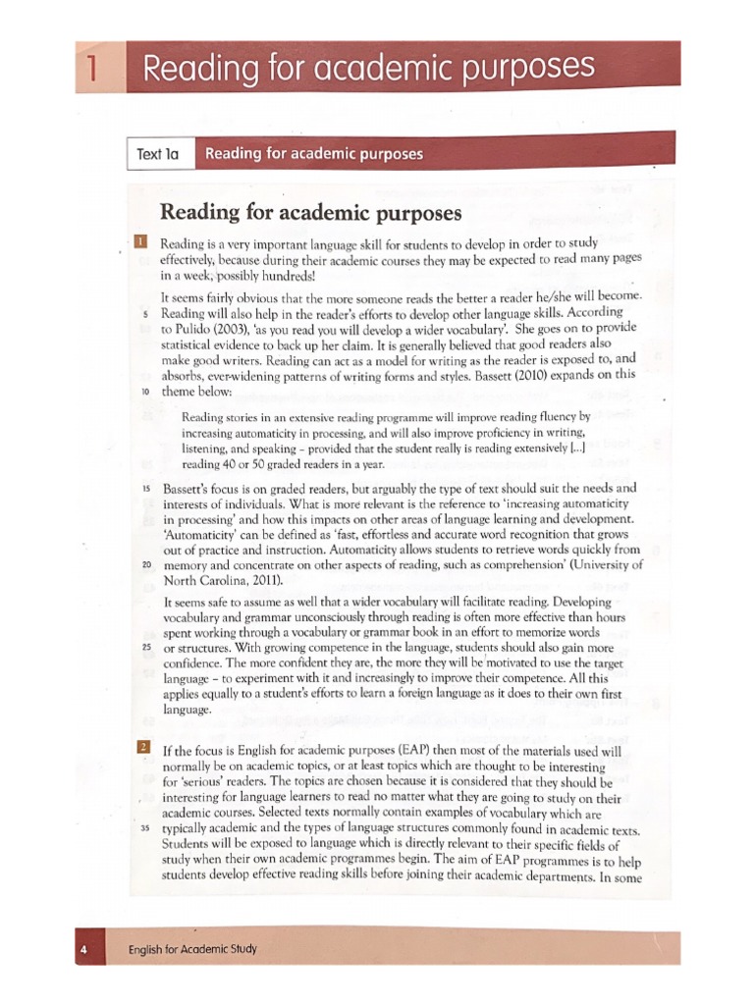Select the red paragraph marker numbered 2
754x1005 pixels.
pyautogui.click(x=142, y=748)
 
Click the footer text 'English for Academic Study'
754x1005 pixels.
pyautogui.click(x=193, y=950)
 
